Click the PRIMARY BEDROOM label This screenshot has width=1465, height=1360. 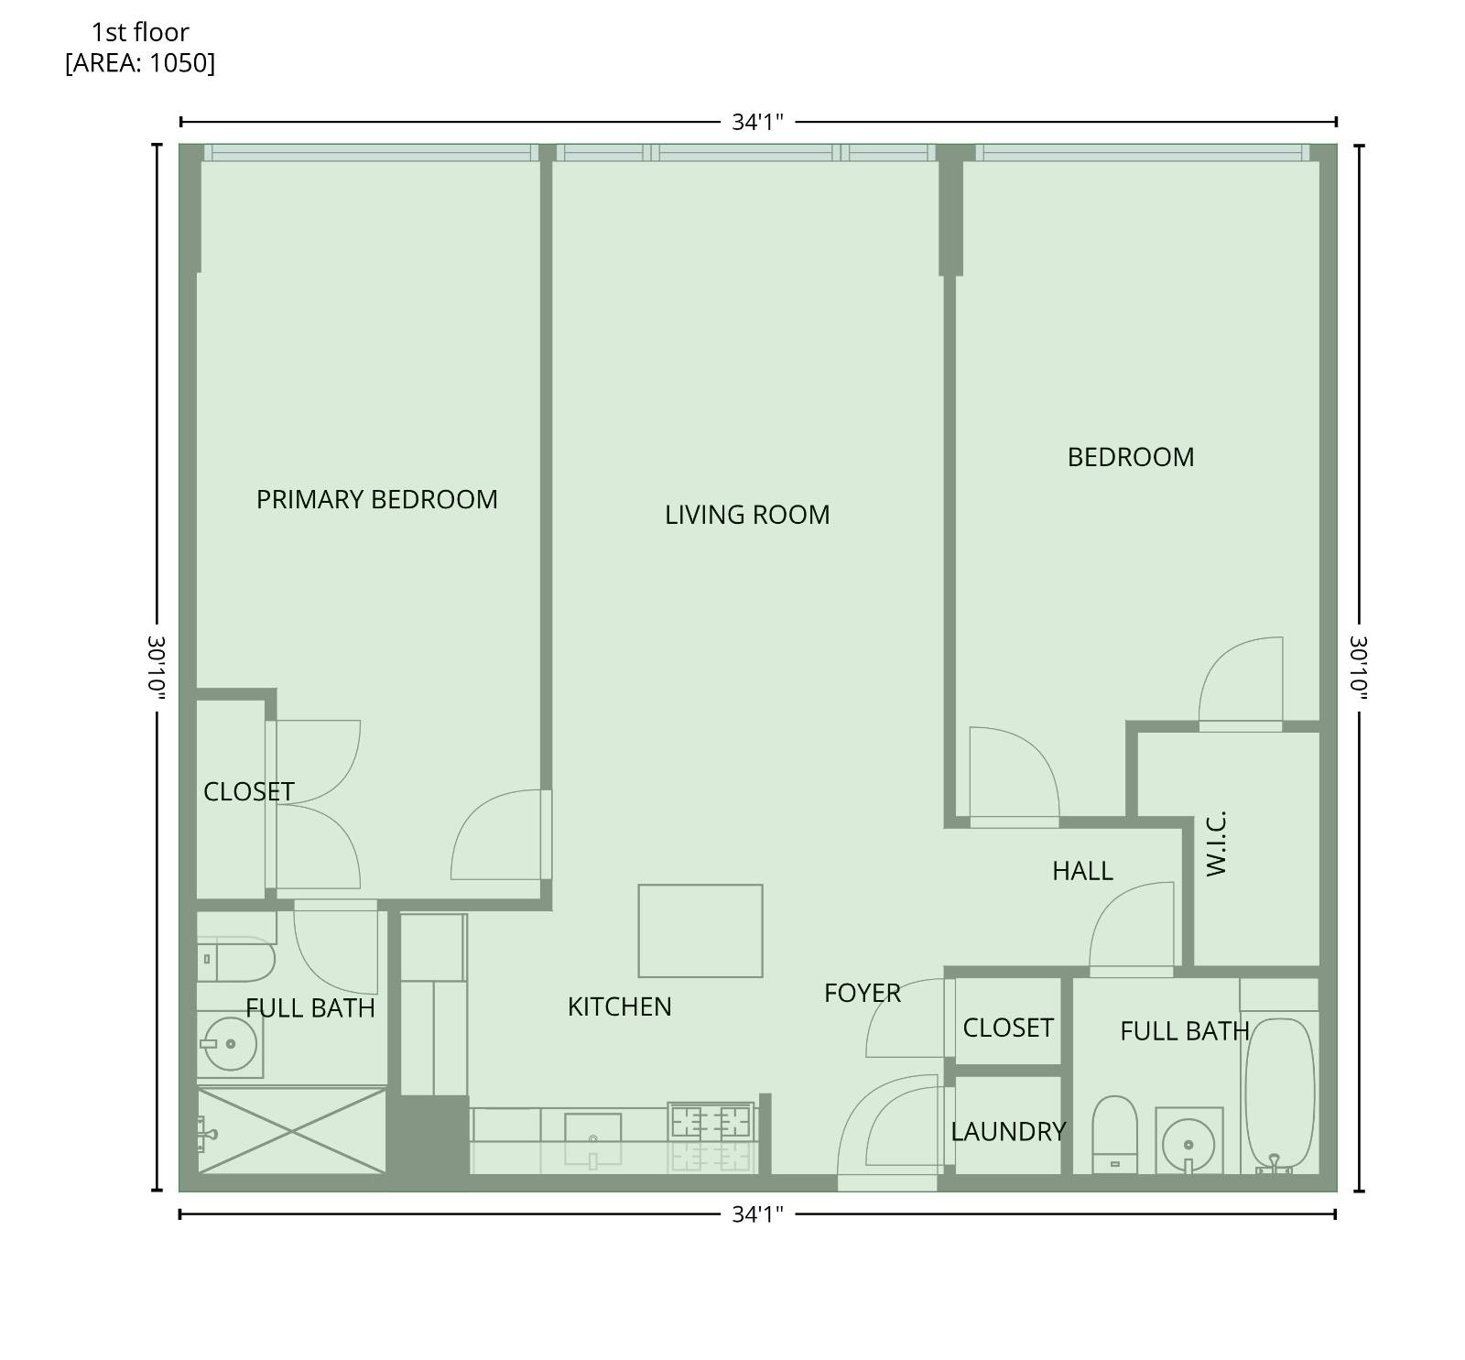tap(376, 499)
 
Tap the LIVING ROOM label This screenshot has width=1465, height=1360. tap(747, 515)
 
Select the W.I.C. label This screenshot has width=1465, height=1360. tap(1215, 843)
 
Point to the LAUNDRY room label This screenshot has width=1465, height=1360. tap(1008, 1132)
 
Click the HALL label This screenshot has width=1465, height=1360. tap(1082, 871)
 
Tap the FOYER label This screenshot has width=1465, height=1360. tap(862, 993)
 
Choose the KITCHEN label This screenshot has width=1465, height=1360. tap(619, 1006)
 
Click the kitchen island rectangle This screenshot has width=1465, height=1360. tap(700, 930)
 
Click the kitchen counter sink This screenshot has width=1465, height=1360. tap(592, 1128)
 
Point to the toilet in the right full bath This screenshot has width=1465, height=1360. tap(1115, 1134)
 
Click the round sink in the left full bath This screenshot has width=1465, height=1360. tap(229, 1043)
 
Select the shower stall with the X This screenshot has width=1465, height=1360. tap(291, 1131)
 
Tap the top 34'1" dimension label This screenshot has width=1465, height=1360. tap(757, 122)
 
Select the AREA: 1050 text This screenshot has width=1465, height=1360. tap(140, 63)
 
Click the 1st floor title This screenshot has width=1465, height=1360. tap(140, 32)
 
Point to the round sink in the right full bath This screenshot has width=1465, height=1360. tap(1188, 1144)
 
